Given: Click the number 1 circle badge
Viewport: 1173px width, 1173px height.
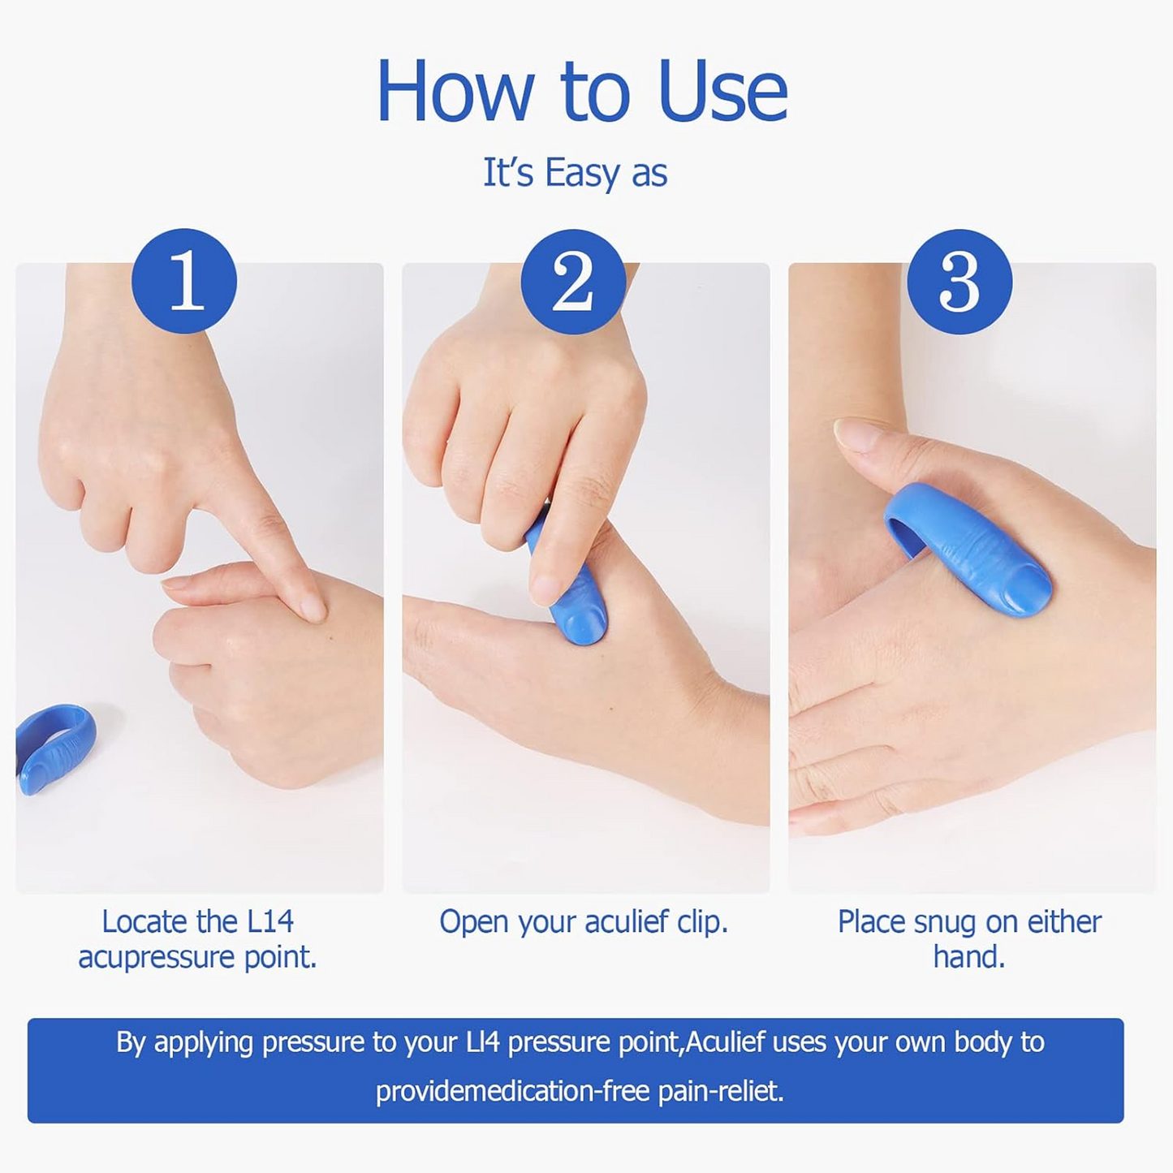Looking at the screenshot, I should click(184, 281).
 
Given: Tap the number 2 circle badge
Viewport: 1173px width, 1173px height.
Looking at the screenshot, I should click(573, 281).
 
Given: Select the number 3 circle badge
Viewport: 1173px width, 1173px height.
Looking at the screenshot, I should click(960, 281).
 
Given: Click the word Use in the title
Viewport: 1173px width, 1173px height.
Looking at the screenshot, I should click(722, 92).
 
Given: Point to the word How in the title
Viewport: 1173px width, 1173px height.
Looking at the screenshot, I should click(455, 92).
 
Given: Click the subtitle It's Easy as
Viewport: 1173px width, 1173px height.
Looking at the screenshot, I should click(575, 173).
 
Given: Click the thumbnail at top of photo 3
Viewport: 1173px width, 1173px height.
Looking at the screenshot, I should click(856, 434).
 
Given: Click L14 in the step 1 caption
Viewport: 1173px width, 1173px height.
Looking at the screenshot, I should click(270, 922).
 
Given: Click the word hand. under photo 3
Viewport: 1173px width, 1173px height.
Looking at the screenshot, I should click(969, 958).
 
